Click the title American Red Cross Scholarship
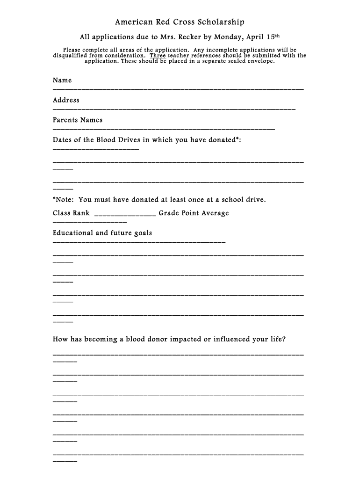pyautogui.click(x=180, y=22)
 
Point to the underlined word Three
pyautogui.click(x=158, y=55)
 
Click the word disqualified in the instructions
pyautogui.click(x=71, y=55)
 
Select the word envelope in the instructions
pyautogui.click(x=259, y=61)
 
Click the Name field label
pyautogui.click(x=62, y=80)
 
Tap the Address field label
pyautogui.click(x=66, y=100)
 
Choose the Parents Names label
pyautogui.click(x=78, y=120)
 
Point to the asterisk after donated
pyautogui.click(x=238, y=139)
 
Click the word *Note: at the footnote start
pyautogui.click(x=64, y=200)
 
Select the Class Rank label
pyautogui.click(x=71, y=213)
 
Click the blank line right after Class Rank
pyautogui.click(x=125, y=215)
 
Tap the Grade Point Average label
pyautogui.click(x=194, y=213)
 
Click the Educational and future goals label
pyautogui.click(x=102, y=233)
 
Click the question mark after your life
pyautogui.click(x=283, y=339)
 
